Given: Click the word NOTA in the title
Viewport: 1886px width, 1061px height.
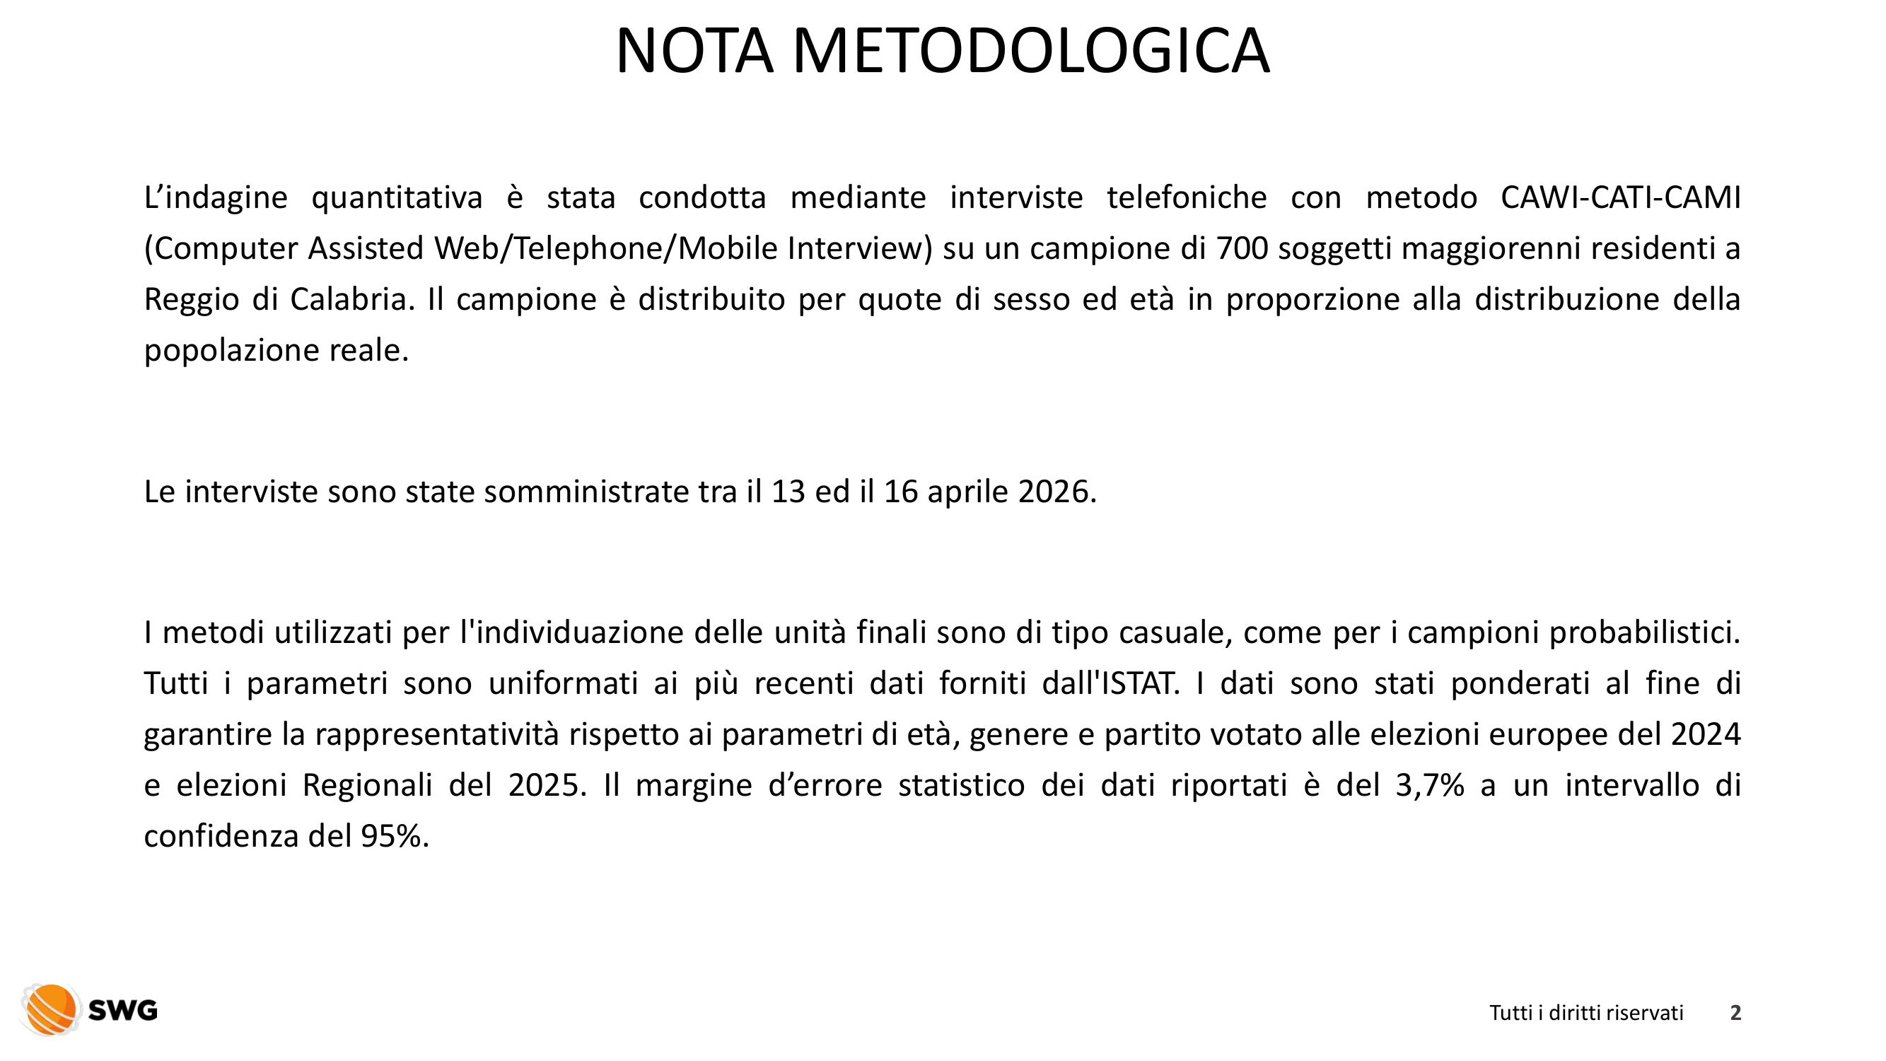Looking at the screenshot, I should click(694, 51).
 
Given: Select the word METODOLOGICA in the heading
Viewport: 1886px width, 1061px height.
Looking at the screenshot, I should click(1031, 51).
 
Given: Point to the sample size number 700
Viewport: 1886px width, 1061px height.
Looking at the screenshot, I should click(1242, 249).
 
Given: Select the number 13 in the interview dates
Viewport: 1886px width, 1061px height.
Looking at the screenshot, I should click(788, 492).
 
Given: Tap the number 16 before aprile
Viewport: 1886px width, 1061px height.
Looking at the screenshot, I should click(900, 492).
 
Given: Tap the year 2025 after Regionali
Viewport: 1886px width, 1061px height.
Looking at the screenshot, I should click(547, 786).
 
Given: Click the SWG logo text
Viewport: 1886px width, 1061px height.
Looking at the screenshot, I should click(123, 1011).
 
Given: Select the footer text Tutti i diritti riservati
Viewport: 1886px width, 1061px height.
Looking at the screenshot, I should click(1586, 1013).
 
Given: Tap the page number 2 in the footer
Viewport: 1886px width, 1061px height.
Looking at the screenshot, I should click(1735, 1013).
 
